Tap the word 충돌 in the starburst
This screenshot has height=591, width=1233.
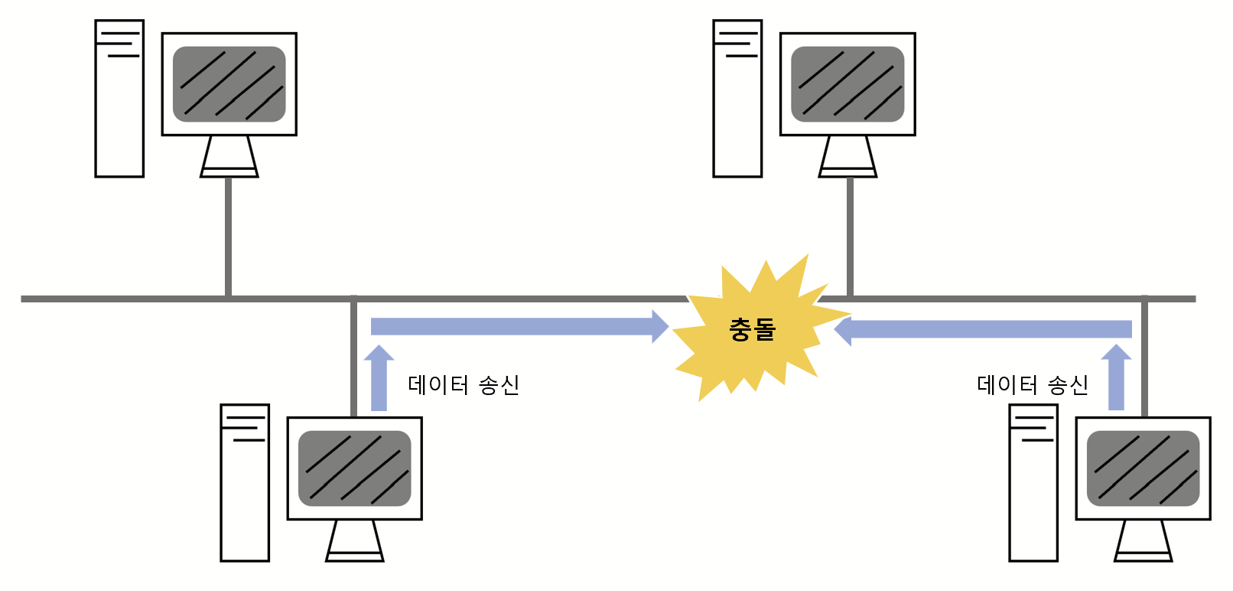click(753, 329)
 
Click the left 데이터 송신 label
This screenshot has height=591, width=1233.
click(464, 384)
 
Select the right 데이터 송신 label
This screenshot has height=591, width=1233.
click(1032, 384)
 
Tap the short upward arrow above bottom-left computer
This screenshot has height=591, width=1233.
click(379, 378)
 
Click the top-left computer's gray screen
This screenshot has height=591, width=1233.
click(229, 84)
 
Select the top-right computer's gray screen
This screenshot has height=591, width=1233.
click(847, 84)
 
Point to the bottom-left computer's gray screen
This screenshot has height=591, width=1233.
click(354, 469)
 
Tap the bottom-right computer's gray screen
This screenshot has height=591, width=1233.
click(1143, 469)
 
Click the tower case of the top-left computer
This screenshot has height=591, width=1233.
click(119, 100)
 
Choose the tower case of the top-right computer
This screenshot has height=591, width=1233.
click(737, 100)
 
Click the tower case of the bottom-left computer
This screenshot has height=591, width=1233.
click(245, 484)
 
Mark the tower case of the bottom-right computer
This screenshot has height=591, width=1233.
click(1033, 484)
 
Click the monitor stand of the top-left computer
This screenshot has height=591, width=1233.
click(229, 158)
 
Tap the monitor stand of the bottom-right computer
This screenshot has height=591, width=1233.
click(1143, 541)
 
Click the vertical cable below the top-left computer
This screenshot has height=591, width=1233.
click(228, 237)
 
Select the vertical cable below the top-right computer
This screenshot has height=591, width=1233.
click(850, 237)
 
